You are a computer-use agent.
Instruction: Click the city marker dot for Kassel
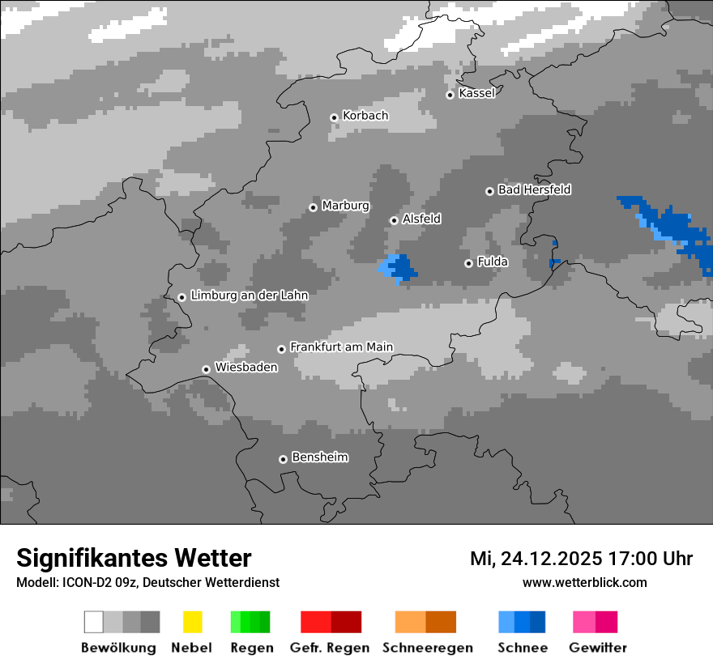(x=450, y=95)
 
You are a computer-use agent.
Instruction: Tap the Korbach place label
(x=365, y=116)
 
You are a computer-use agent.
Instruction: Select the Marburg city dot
(x=313, y=207)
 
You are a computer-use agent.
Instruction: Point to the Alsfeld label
(x=421, y=219)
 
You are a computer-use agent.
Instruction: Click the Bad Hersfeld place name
(x=534, y=189)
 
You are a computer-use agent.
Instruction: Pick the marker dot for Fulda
(x=468, y=263)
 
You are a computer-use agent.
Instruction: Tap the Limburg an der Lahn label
(x=249, y=296)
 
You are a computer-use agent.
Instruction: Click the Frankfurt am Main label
(x=341, y=347)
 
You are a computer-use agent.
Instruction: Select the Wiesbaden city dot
(x=206, y=369)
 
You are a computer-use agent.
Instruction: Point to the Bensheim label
(x=319, y=457)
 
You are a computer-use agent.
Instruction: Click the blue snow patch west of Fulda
(x=400, y=268)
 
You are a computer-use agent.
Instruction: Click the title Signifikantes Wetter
(x=134, y=558)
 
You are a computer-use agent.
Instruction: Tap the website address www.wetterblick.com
(x=584, y=582)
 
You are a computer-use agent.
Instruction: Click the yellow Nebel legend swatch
(x=192, y=622)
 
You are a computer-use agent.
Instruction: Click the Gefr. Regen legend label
(x=329, y=648)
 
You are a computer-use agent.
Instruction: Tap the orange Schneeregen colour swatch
(x=410, y=622)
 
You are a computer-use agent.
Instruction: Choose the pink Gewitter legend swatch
(x=583, y=622)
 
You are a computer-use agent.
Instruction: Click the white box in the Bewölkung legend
(x=93, y=622)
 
